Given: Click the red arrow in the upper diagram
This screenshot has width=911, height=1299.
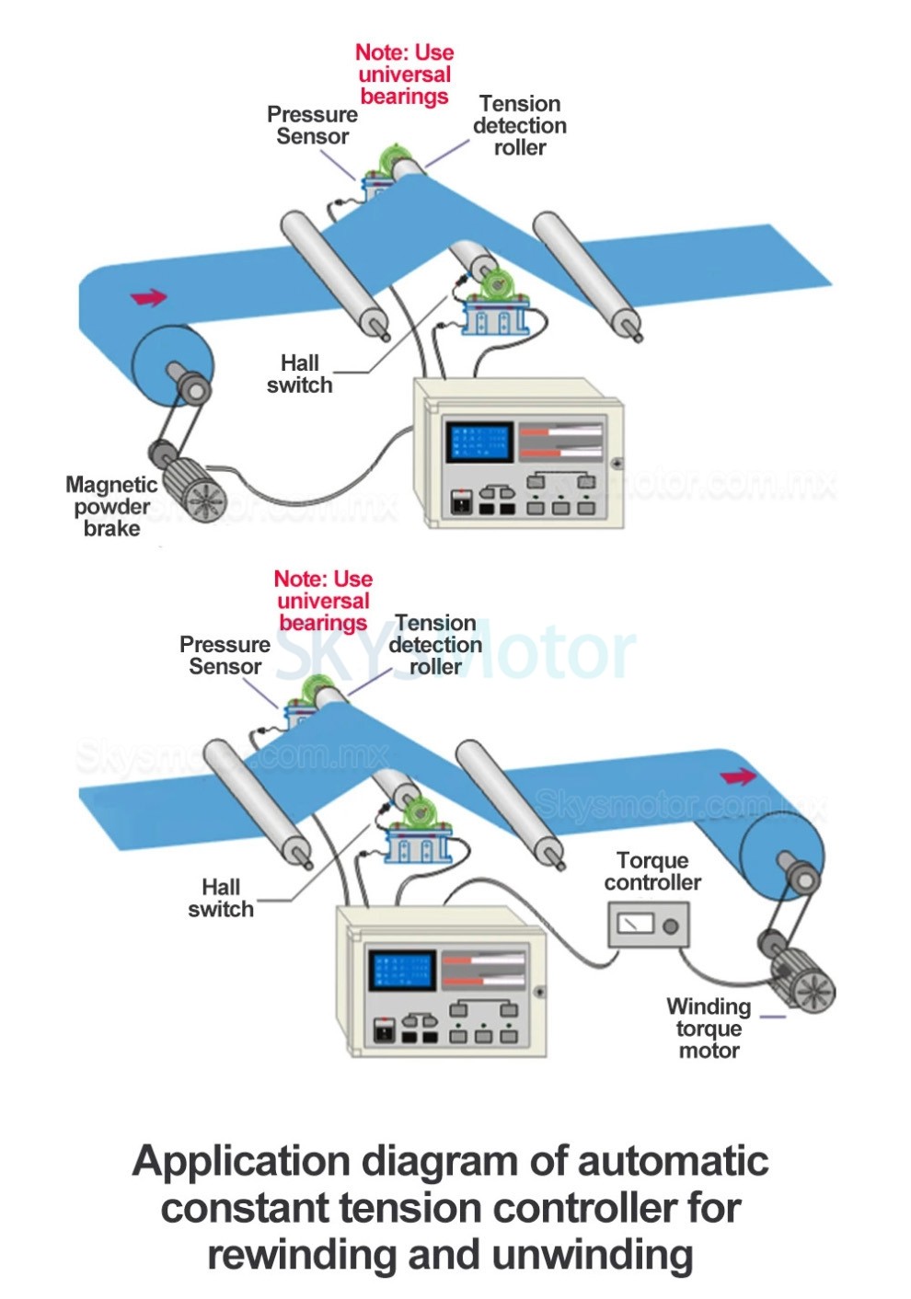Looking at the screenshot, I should point(149,297).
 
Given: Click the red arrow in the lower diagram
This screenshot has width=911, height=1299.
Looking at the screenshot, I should point(738,777).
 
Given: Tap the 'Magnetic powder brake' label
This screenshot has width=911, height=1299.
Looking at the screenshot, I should point(110,506).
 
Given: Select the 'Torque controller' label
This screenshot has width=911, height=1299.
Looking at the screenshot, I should point(652,871).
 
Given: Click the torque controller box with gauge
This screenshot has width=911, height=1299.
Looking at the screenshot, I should point(648,924).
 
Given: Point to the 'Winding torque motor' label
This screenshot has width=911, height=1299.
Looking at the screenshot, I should point(709,1028).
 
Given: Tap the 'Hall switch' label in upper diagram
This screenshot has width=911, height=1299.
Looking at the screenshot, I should point(300,374).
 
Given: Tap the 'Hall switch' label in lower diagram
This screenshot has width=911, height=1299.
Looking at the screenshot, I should point(221,898).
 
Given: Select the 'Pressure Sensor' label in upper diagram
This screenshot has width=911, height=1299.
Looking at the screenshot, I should point(312,125).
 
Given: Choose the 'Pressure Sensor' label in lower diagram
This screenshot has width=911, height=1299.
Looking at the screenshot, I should point(225,655).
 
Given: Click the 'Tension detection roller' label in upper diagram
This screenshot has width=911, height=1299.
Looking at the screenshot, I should point(520,125).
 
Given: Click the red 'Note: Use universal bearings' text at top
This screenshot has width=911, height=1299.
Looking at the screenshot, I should point(404,75).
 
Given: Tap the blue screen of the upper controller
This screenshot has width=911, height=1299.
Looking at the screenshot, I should point(479,442).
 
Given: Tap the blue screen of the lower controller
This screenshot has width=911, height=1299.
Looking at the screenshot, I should point(400,969).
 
